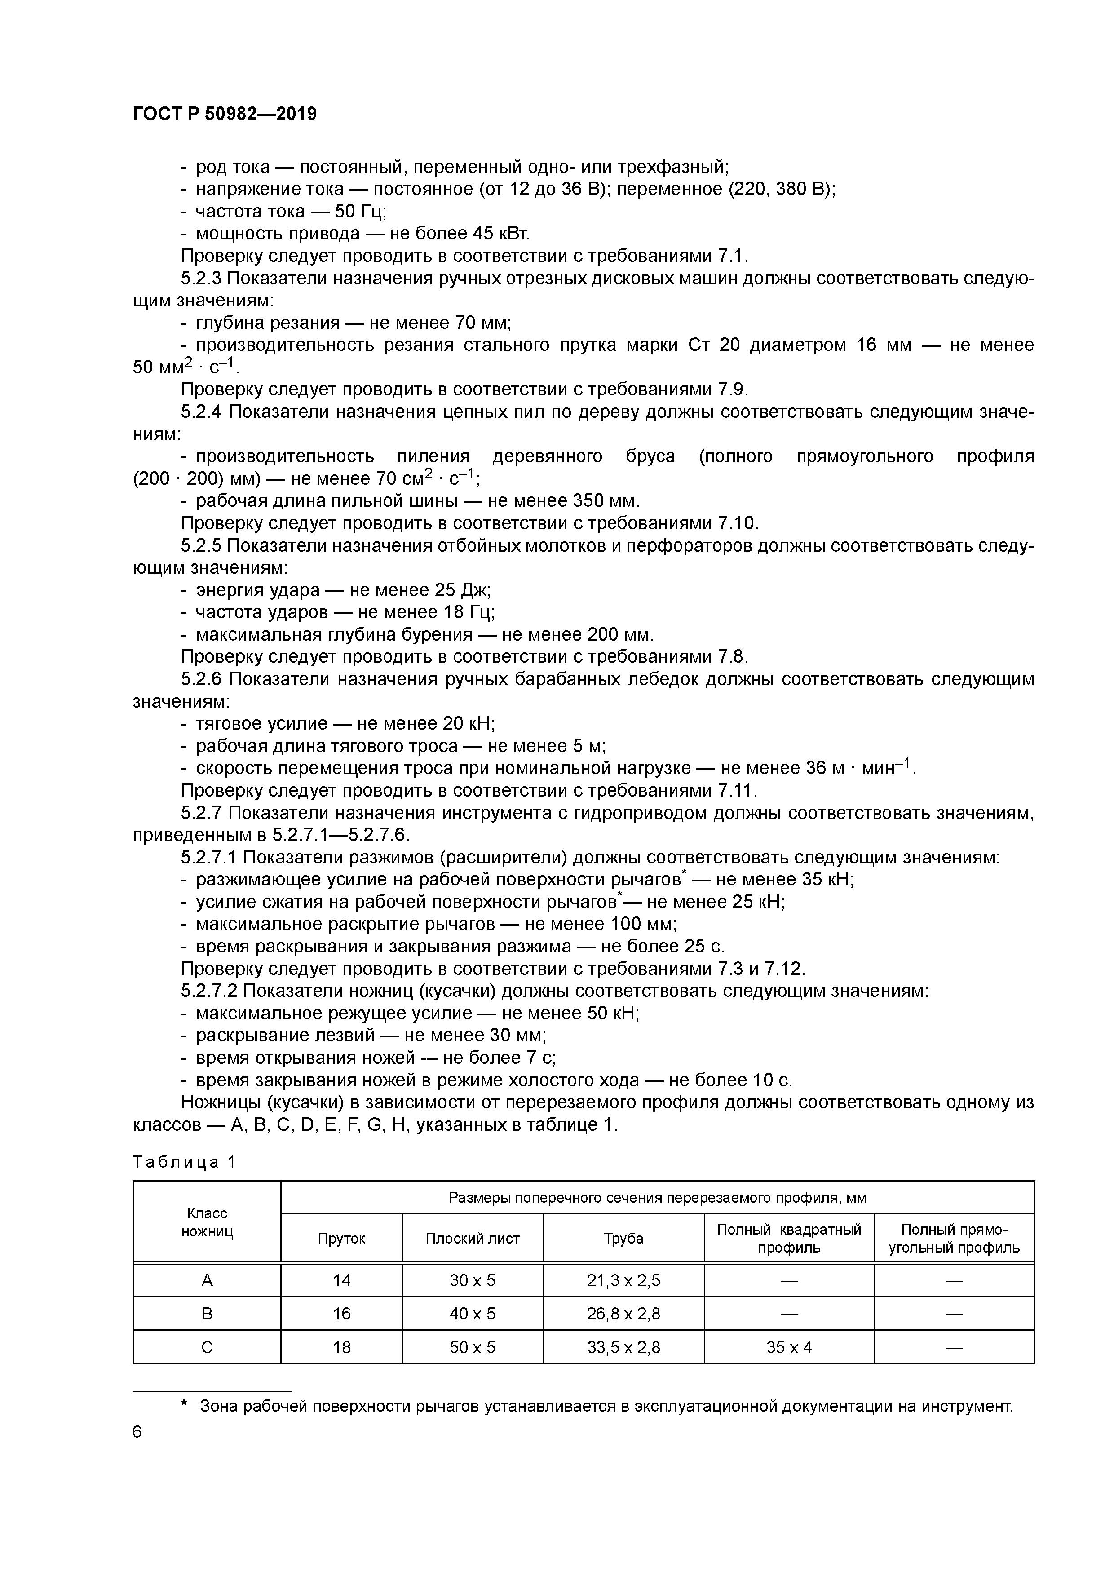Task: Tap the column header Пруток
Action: point(341,1238)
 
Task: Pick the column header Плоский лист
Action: point(472,1238)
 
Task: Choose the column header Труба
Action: point(623,1238)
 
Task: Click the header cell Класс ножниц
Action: point(207,1222)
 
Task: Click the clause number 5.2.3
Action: point(201,278)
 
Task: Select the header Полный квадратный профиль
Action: point(789,1238)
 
